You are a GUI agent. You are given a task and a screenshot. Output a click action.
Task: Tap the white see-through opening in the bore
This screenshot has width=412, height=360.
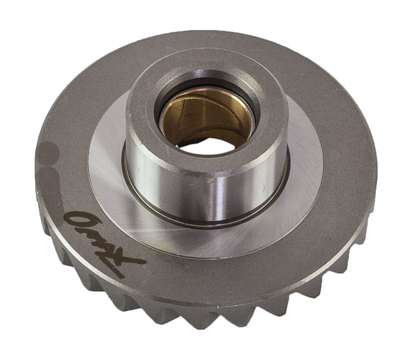(x=207, y=145)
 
